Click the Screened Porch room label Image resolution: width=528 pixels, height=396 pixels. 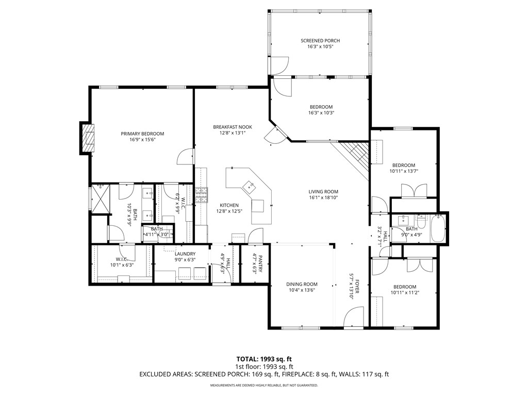(x=320, y=41)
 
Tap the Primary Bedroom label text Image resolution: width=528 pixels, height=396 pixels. (x=142, y=134)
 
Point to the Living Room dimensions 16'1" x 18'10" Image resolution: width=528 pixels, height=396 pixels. (x=323, y=197)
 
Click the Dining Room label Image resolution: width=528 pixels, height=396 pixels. (x=302, y=284)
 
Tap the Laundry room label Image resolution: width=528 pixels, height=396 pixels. (x=185, y=254)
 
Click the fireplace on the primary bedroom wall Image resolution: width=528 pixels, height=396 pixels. (x=88, y=138)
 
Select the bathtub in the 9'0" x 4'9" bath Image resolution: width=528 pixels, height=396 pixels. (x=438, y=229)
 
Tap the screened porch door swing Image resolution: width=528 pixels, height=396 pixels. (x=280, y=64)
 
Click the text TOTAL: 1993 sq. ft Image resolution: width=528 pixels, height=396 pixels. (x=263, y=359)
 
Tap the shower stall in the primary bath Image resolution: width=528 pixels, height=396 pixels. (x=101, y=198)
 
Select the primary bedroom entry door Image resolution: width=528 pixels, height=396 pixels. (x=185, y=158)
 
